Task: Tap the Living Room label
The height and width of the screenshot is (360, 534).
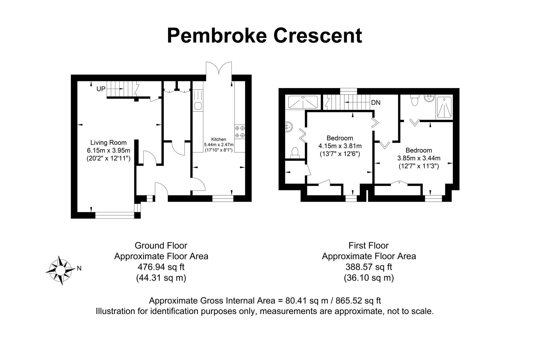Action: (108, 143)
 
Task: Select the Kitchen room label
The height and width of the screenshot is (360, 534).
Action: (218, 139)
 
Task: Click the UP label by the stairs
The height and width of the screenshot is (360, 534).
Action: (101, 89)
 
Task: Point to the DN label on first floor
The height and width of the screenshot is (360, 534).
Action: (376, 103)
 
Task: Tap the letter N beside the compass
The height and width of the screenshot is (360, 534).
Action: (79, 268)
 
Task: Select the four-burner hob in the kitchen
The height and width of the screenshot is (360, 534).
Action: (240, 131)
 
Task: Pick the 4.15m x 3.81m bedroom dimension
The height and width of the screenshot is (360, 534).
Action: (340, 146)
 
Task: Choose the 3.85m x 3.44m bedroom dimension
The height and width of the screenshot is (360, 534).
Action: (419, 158)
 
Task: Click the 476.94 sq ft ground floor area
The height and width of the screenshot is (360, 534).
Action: (161, 267)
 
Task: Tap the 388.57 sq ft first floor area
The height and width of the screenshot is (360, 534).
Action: (369, 267)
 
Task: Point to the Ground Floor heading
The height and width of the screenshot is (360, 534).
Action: (161, 246)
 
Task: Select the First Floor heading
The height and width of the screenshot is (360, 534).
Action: (369, 246)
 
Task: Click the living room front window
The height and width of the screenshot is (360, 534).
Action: (115, 215)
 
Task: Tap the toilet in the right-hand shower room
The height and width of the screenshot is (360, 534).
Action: (415, 100)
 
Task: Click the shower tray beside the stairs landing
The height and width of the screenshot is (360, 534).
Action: (303, 102)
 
